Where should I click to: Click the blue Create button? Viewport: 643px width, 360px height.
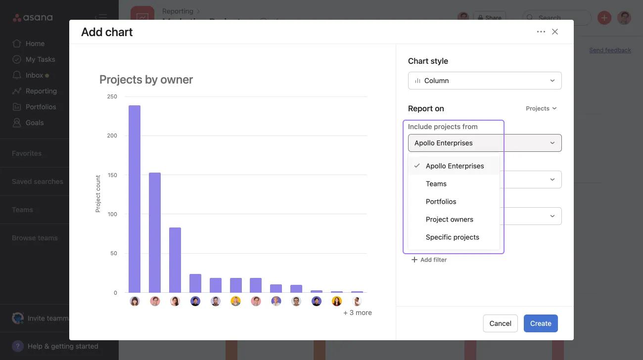click(x=541, y=323)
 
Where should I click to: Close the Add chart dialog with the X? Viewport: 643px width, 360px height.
click(x=555, y=32)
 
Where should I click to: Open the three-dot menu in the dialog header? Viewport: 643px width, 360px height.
click(x=541, y=32)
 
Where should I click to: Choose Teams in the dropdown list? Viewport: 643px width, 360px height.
click(x=436, y=183)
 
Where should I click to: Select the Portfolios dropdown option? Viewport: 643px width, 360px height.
click(x=441, y=201)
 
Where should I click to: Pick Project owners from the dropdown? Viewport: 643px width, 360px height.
click(x=449, y=219)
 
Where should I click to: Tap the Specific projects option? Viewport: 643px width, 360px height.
click(x=452, y=237)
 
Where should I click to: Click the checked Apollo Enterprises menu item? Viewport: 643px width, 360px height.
click(x=455, y=166)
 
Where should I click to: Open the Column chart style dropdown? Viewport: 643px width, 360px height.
click(x=485, y=81)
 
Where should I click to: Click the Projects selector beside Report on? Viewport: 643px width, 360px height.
click(x=541, y=108)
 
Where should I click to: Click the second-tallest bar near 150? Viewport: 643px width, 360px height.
click(x=155, y=232)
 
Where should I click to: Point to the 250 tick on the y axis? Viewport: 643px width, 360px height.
click(x=112, y=96)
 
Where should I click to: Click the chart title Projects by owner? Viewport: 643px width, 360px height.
click(x=146, y=80)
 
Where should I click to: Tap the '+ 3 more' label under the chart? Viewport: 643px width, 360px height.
click(x=358, y=313)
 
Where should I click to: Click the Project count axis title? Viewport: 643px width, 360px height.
click(x=98, y=194)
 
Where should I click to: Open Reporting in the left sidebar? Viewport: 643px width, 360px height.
click(x=41, y=91)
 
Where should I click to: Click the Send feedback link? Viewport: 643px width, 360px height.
click(x=610, y=50)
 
